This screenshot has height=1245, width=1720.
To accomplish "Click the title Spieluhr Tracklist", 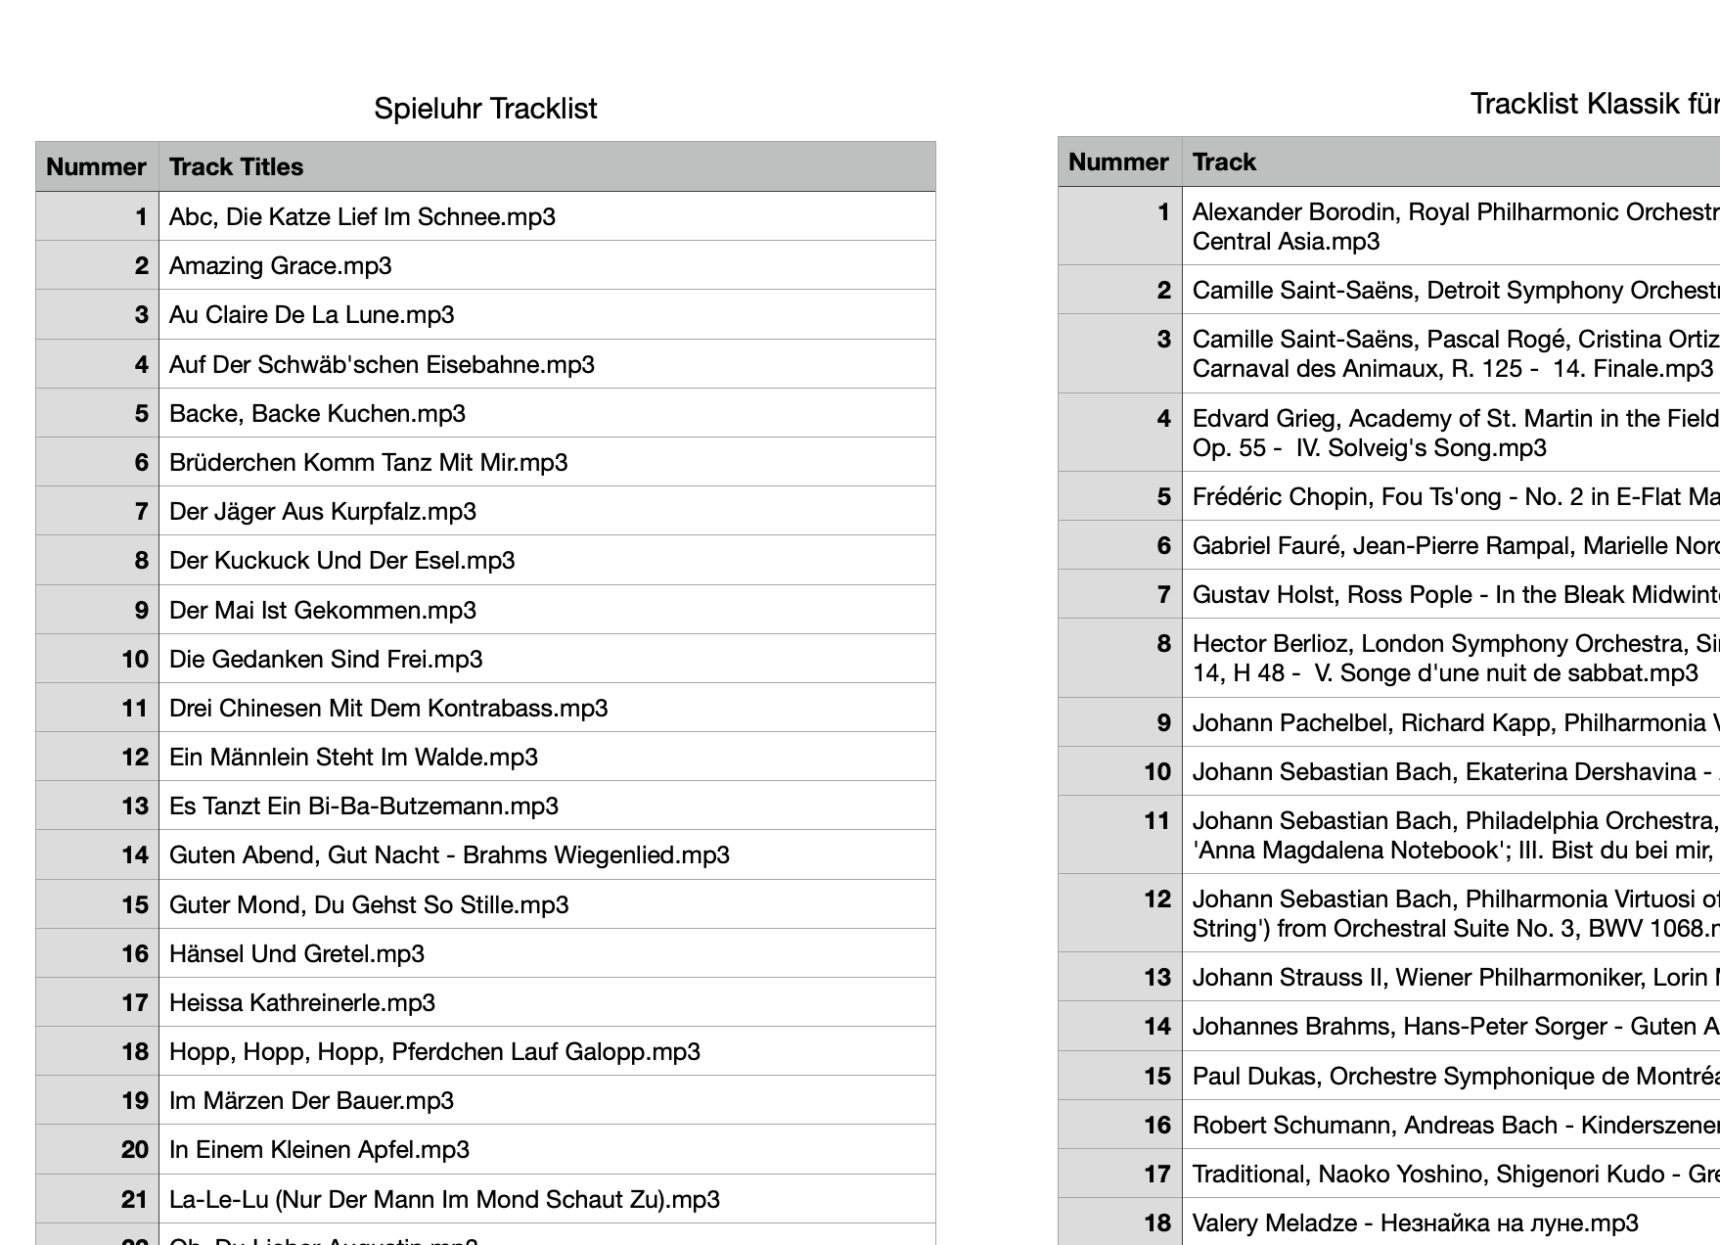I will click(485, 109).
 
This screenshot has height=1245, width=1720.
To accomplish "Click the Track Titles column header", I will click(236, 167).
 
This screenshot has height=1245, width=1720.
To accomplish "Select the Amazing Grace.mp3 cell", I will click(280, 266).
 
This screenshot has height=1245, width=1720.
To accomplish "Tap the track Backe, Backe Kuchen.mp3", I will click(317, 414).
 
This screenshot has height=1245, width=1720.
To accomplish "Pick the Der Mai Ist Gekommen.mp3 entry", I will click(322, 611).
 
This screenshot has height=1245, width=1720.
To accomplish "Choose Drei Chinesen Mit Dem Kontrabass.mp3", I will click(387, 709).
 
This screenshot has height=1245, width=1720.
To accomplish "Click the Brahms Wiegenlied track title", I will click(449, 855).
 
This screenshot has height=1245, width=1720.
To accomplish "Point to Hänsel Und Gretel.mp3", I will click(296, 954).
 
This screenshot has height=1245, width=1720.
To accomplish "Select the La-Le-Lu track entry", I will click(444, 1200).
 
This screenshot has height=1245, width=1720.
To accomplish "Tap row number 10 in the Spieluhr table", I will click(135, 660).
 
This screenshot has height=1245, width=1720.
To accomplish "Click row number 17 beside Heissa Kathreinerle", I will click(135, 1003).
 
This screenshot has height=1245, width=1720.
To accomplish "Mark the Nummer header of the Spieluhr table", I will click(96, 167).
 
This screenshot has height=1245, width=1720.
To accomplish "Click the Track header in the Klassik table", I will click(1224, 162).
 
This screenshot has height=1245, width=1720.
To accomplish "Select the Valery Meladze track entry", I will click(1415, 1223).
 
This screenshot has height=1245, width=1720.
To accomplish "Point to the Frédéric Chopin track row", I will click(1454, 497).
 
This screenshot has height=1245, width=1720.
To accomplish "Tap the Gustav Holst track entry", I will click(1454, 595).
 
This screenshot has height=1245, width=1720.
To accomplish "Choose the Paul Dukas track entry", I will click(1454, 1077).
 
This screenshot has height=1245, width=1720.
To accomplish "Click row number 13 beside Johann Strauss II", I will click(1157, 978).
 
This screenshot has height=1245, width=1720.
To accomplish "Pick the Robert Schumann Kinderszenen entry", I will click(1454, 1126).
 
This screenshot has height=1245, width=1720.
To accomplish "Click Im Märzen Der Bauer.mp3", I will click(311, 1101).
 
